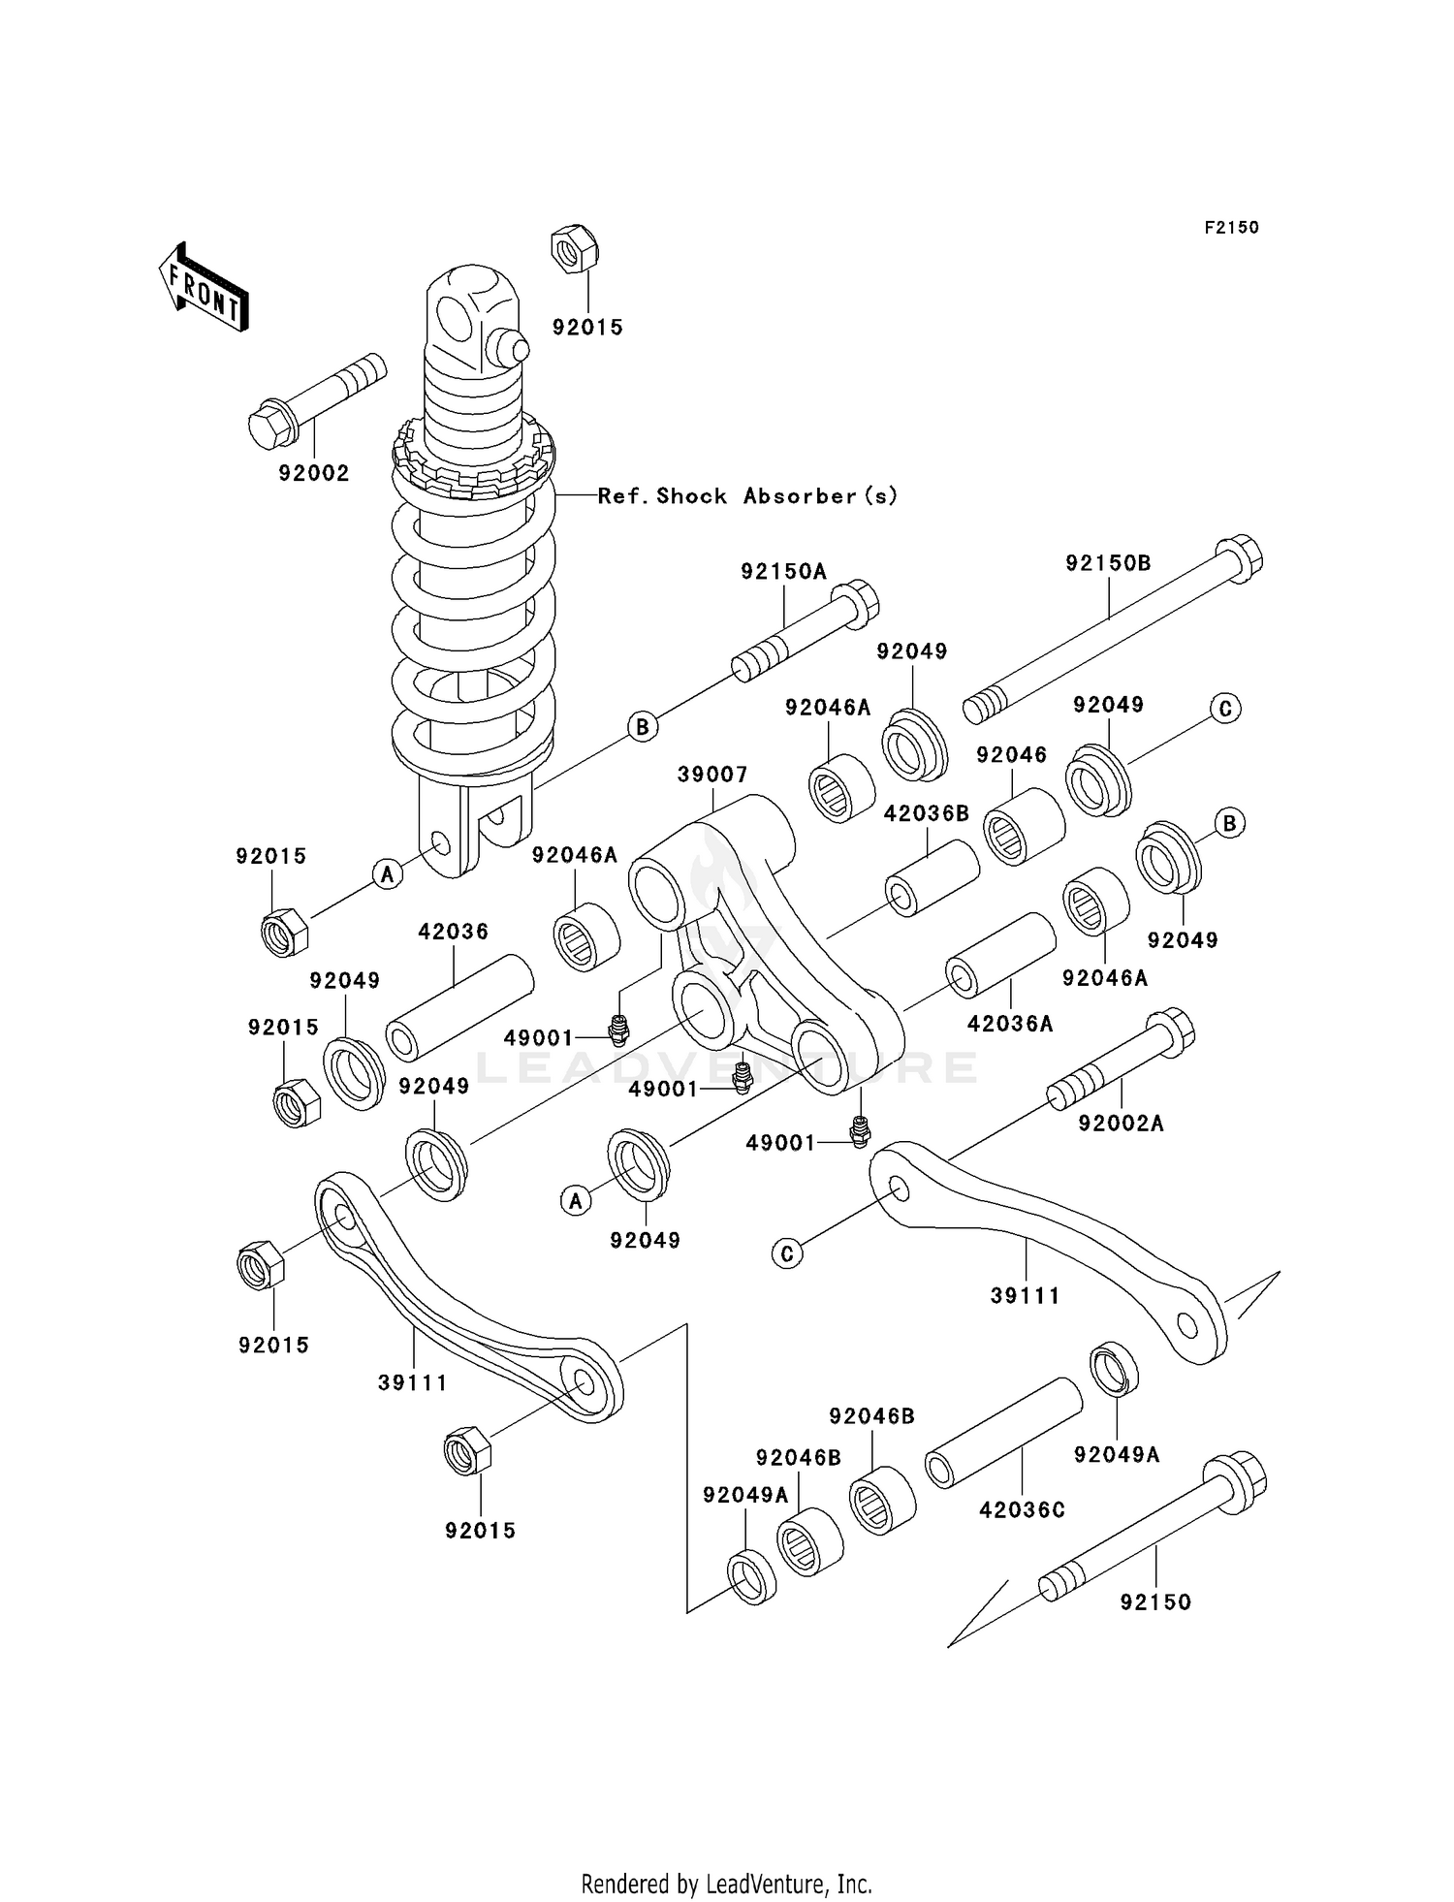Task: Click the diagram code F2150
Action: click(x=1231, y=228)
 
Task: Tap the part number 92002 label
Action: click(x=313, y=473)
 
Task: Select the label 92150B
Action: click(x=1108, y=563)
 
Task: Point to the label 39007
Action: click(x=712, y=775)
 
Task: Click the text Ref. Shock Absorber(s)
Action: click(x=747, y=496)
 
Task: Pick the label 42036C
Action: click(x=1022, y=1509)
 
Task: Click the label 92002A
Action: click(x=1121, y=1123)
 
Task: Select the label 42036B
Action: click(x=926, y=814)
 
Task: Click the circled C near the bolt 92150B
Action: click(x=1225, y=709)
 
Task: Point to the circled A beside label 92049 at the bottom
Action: click(x=576, y=1202)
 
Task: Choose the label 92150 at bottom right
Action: click(x=1155, y=1602)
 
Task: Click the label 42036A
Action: click(x=1009, y=1023)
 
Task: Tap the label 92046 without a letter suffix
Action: click(x=1011, y=755)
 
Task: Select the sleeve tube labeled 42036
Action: click(x=459, y=1007)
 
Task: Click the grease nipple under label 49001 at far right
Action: click(x=859, y=1131)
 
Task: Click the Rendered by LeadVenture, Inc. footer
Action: click(x=726, y=1884)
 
